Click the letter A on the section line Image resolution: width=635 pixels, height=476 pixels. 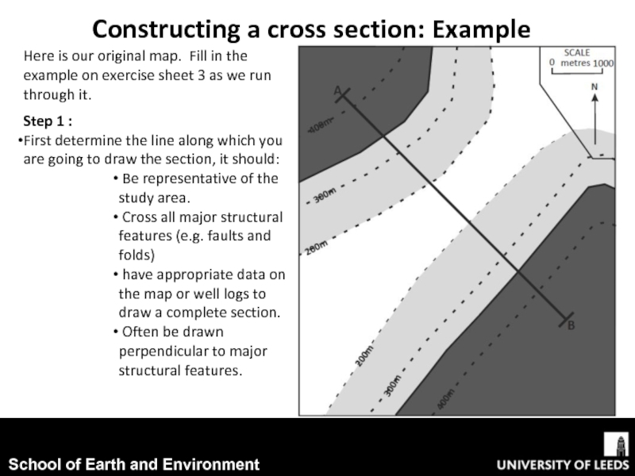[x=337, y=91]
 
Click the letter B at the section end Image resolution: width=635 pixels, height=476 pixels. [x=571, y=326]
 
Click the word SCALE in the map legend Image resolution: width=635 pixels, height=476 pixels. [x=577, y=52]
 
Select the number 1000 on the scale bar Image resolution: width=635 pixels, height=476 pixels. [x=604, y=63]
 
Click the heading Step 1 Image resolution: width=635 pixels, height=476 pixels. [x=48, y=122]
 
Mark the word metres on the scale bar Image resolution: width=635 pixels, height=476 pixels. [x=575, y=63]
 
